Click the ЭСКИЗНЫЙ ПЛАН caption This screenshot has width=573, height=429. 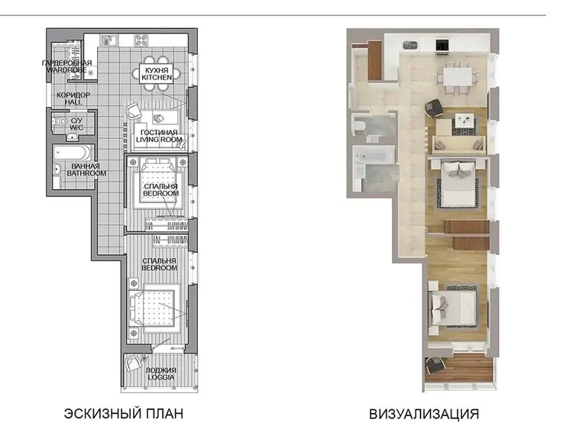[124, 414]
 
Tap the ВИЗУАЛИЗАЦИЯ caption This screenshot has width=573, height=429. [424, 414]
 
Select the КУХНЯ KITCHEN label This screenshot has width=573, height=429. [157, 74]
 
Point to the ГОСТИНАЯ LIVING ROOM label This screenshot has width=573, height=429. [159, 136]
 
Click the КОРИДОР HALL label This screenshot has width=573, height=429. [73, 98]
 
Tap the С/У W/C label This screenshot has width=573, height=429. [76, 124]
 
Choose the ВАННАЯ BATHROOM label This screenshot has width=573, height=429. [86, 169]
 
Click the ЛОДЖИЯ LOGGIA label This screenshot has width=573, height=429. [160, 373]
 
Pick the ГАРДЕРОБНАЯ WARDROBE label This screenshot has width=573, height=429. [67, 66]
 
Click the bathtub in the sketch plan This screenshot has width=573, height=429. [73, 153]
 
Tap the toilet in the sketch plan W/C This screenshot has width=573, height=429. [60, 121]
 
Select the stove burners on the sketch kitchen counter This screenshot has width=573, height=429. [141, 40]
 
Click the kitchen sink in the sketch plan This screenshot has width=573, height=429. [108, 40]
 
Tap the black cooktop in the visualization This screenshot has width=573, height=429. [442, 45]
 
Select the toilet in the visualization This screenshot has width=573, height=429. [360, 125]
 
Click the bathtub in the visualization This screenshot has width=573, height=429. [374, 156]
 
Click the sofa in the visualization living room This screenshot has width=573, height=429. [458, 144]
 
